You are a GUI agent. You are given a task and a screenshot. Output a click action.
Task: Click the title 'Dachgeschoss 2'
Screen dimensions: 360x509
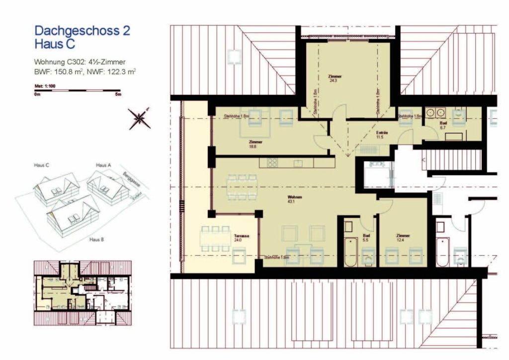pos(82,31)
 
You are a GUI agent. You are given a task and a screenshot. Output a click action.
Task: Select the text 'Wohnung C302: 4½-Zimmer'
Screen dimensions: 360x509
pos(79,62)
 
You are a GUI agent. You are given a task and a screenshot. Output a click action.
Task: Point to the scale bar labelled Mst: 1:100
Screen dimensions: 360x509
pos(77,90)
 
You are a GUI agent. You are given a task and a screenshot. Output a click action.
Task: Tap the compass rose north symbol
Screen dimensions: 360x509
pos(140,118)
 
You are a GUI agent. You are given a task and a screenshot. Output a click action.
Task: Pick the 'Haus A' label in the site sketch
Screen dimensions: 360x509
pos(103,165)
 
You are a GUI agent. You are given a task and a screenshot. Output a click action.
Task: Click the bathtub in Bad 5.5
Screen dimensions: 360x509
pos(350,252)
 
